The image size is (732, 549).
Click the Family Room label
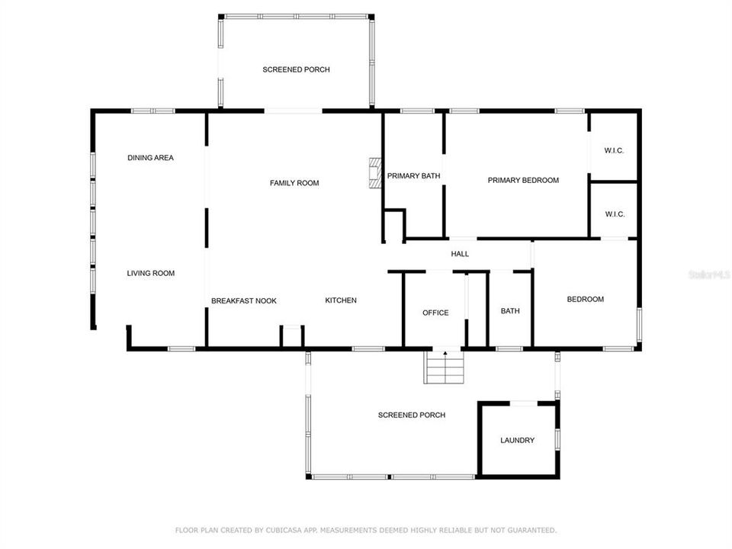tap(294, 183)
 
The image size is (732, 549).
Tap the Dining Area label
tap(150, 158)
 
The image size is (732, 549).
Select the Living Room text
tap(150, 273)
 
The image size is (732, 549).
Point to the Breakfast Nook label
tap(244, 301)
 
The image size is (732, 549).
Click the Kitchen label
tap(341, 300)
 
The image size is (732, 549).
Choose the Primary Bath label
tap(413, 176)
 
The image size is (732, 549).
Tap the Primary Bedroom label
tap(523, 181)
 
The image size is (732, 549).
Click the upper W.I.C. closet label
tap(614, 151)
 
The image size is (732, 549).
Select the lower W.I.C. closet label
tap(615, 214)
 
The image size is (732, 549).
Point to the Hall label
tap(460, 254)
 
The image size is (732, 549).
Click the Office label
tap(435, 313)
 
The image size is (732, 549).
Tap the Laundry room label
tap(517, 441)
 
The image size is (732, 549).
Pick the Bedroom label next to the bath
tap(585, 300)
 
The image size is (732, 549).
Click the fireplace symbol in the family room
tap(374, 173)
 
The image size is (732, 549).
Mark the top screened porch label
tap(296, 70)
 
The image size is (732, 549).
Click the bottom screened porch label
tap(412, 416)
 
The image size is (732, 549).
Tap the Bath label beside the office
tap(510, 311)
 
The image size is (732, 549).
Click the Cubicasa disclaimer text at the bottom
tap(366, 529)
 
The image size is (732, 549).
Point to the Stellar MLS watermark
tap(708, 272)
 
